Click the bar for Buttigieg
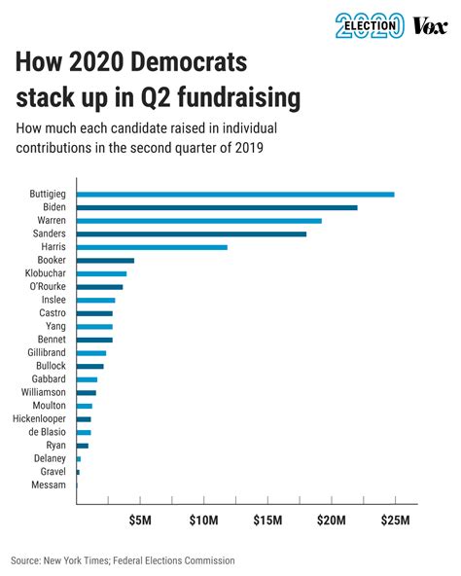pos(235,195)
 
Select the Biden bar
pos(217,207)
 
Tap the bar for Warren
pos(198,221)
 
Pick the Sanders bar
pos(192,234)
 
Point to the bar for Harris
pos(152,247)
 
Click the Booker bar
pos(105,261)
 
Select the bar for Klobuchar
pos(101,274)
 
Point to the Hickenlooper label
pos(39,418)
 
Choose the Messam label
pos(49,484)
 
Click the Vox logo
pos(430,25)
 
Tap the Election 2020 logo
pos(369,25)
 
